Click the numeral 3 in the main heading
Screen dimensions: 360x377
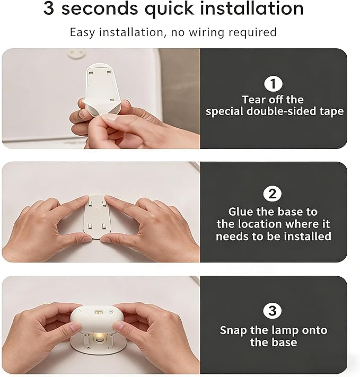[x=49, y=8]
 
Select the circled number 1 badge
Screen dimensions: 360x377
[x=273, y=84]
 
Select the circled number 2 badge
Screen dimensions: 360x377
[x=272, y=194]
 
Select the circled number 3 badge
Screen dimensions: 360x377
[x=272, y=311]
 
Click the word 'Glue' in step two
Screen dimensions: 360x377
[x=241, y=212]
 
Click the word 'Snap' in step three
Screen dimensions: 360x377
[x=233, y=330]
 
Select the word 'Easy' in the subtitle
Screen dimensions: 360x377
[x=82, y=32]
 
